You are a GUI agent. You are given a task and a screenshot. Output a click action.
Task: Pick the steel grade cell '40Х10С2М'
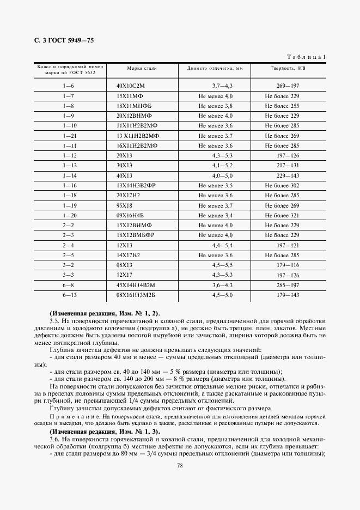point(132,86)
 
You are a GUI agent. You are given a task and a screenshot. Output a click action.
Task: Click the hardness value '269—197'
point(288,86)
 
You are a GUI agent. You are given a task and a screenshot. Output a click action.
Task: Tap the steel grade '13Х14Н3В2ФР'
point(136,185)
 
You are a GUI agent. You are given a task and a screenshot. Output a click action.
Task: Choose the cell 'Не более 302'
point(282,185)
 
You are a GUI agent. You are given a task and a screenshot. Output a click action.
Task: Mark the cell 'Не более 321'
point(282,215)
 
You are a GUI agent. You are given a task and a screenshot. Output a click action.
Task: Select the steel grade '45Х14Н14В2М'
point(136,284)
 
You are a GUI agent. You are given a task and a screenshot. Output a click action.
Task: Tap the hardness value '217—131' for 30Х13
point(288,166)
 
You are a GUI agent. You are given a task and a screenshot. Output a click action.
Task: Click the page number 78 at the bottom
point(180,465)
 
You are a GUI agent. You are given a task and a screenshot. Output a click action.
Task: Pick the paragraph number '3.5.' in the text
point(54,321)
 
